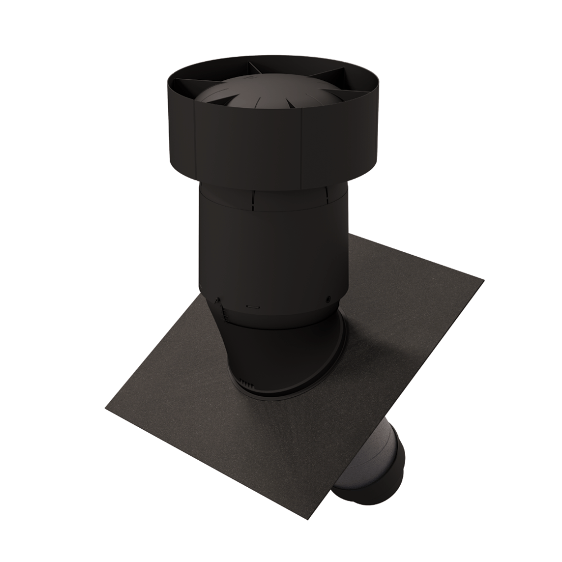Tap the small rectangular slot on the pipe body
tap(253, 307)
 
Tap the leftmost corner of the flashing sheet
tap(106, 409)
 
